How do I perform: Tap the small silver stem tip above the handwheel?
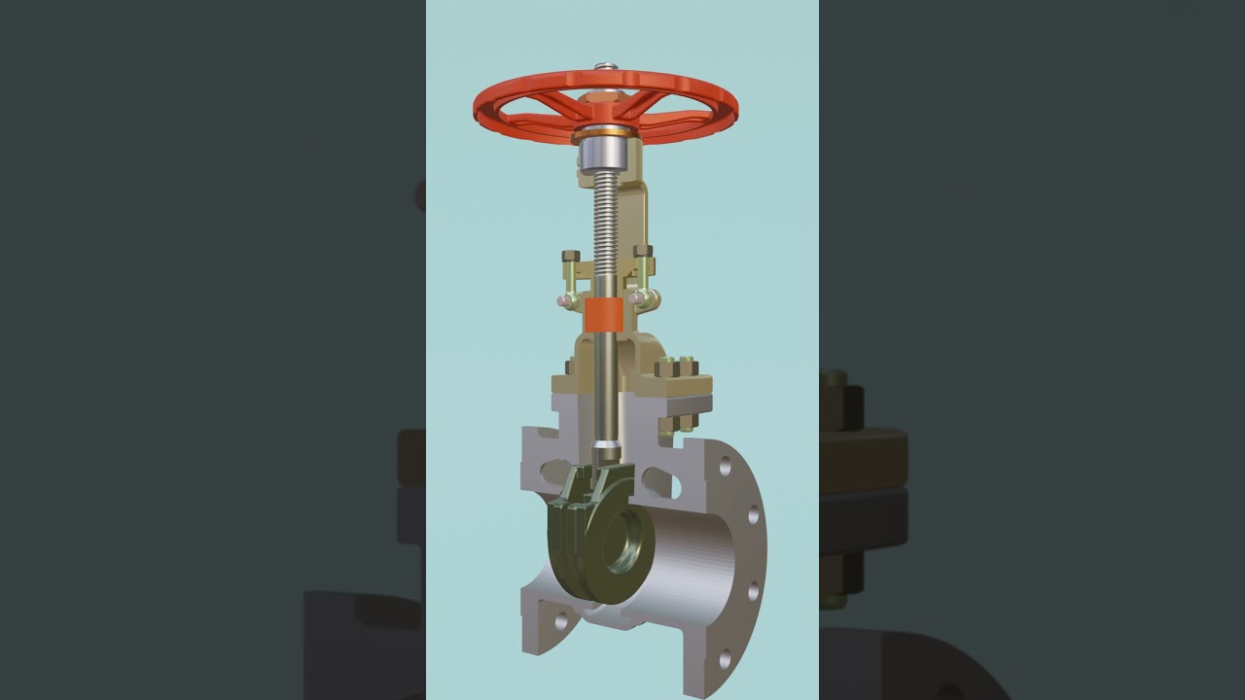click(605, 67)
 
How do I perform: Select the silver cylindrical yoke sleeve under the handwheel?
click(603, 154)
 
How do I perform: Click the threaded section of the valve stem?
click(605, 224)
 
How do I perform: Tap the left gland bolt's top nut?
click(571, 256)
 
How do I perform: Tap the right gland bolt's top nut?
click(643, 252)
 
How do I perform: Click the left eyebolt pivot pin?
click(564, 301)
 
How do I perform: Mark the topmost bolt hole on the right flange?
click(726, 465)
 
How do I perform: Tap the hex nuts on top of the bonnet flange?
click(676, 367)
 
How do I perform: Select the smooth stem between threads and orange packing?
click(604, 285)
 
